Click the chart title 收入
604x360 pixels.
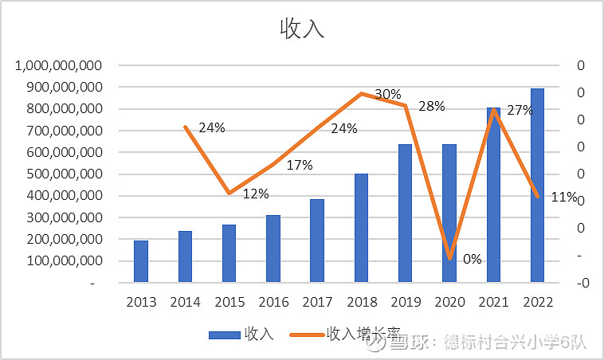pyautogui.click(x=302, y=29)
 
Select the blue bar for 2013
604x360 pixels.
pyautogui.click(x=140, y=260)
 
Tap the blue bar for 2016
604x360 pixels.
pyautogui.click(x=273, y=248)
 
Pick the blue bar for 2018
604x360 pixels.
pyautogui.click(x=361, y=227)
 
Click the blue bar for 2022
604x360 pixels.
pyautogui.click(x=538, y=185)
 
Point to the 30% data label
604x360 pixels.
pyautogui.click(x=387, y=94)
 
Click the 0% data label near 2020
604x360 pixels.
pyautogui.click(x=472, y=259)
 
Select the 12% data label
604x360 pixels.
pyautogui.click(x=256, y=194)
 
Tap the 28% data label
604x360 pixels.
pyautogui.click(x=431, y=107)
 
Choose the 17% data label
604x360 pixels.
pyautogui.click(x=300, y=165)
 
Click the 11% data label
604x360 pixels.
pyautogui.click(x=563, y=197)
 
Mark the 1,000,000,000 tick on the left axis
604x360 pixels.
pyautogui.click(x=58, y=65)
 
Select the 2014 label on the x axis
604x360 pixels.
pyautogui.click(x=185, y=303)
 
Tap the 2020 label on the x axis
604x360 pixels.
pyautogui.click(x=449, y=303)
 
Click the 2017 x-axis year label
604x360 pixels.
pyautogui.click(x=317, y=303)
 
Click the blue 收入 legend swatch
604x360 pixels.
pyautogui.click(x=225, y=335)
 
